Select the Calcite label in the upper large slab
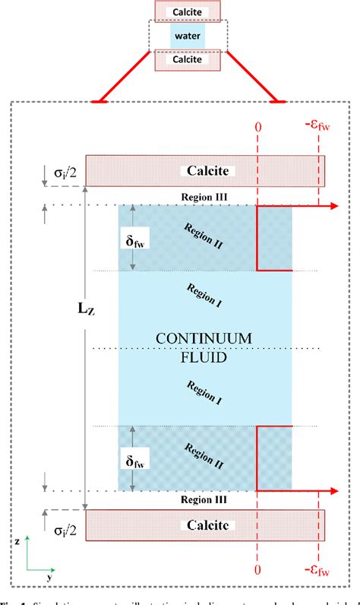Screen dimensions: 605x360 [205, 172]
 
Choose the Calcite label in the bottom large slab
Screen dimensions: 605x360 [205, 525]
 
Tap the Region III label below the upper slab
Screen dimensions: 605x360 [204, 196]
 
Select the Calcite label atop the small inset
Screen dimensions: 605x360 [188, 10]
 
